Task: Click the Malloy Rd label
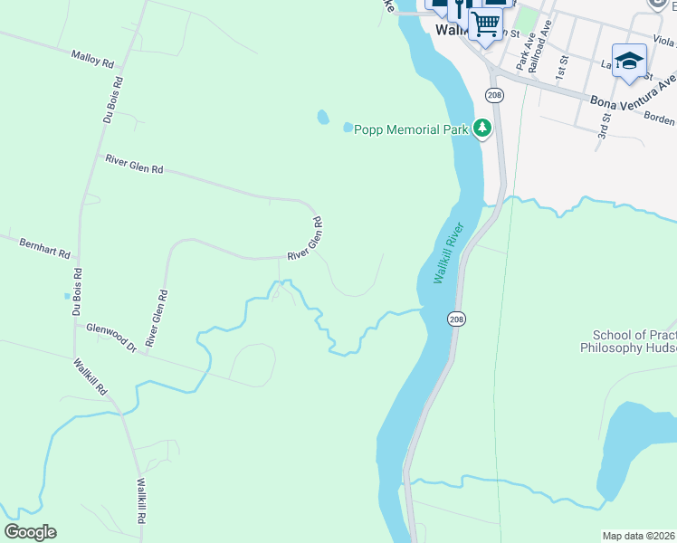click(95, 59)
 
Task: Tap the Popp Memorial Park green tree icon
click(484, 129)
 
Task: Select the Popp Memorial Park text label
click(411, 129)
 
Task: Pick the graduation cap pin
click(629, 61)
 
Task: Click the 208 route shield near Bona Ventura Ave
click(493, 95)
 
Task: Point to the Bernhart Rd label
click(45, 248)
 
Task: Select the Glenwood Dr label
click(110, 338)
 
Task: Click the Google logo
click(30, 532)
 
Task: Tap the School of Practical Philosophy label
click(628, 341)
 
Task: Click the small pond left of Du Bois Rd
click(67, 296)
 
